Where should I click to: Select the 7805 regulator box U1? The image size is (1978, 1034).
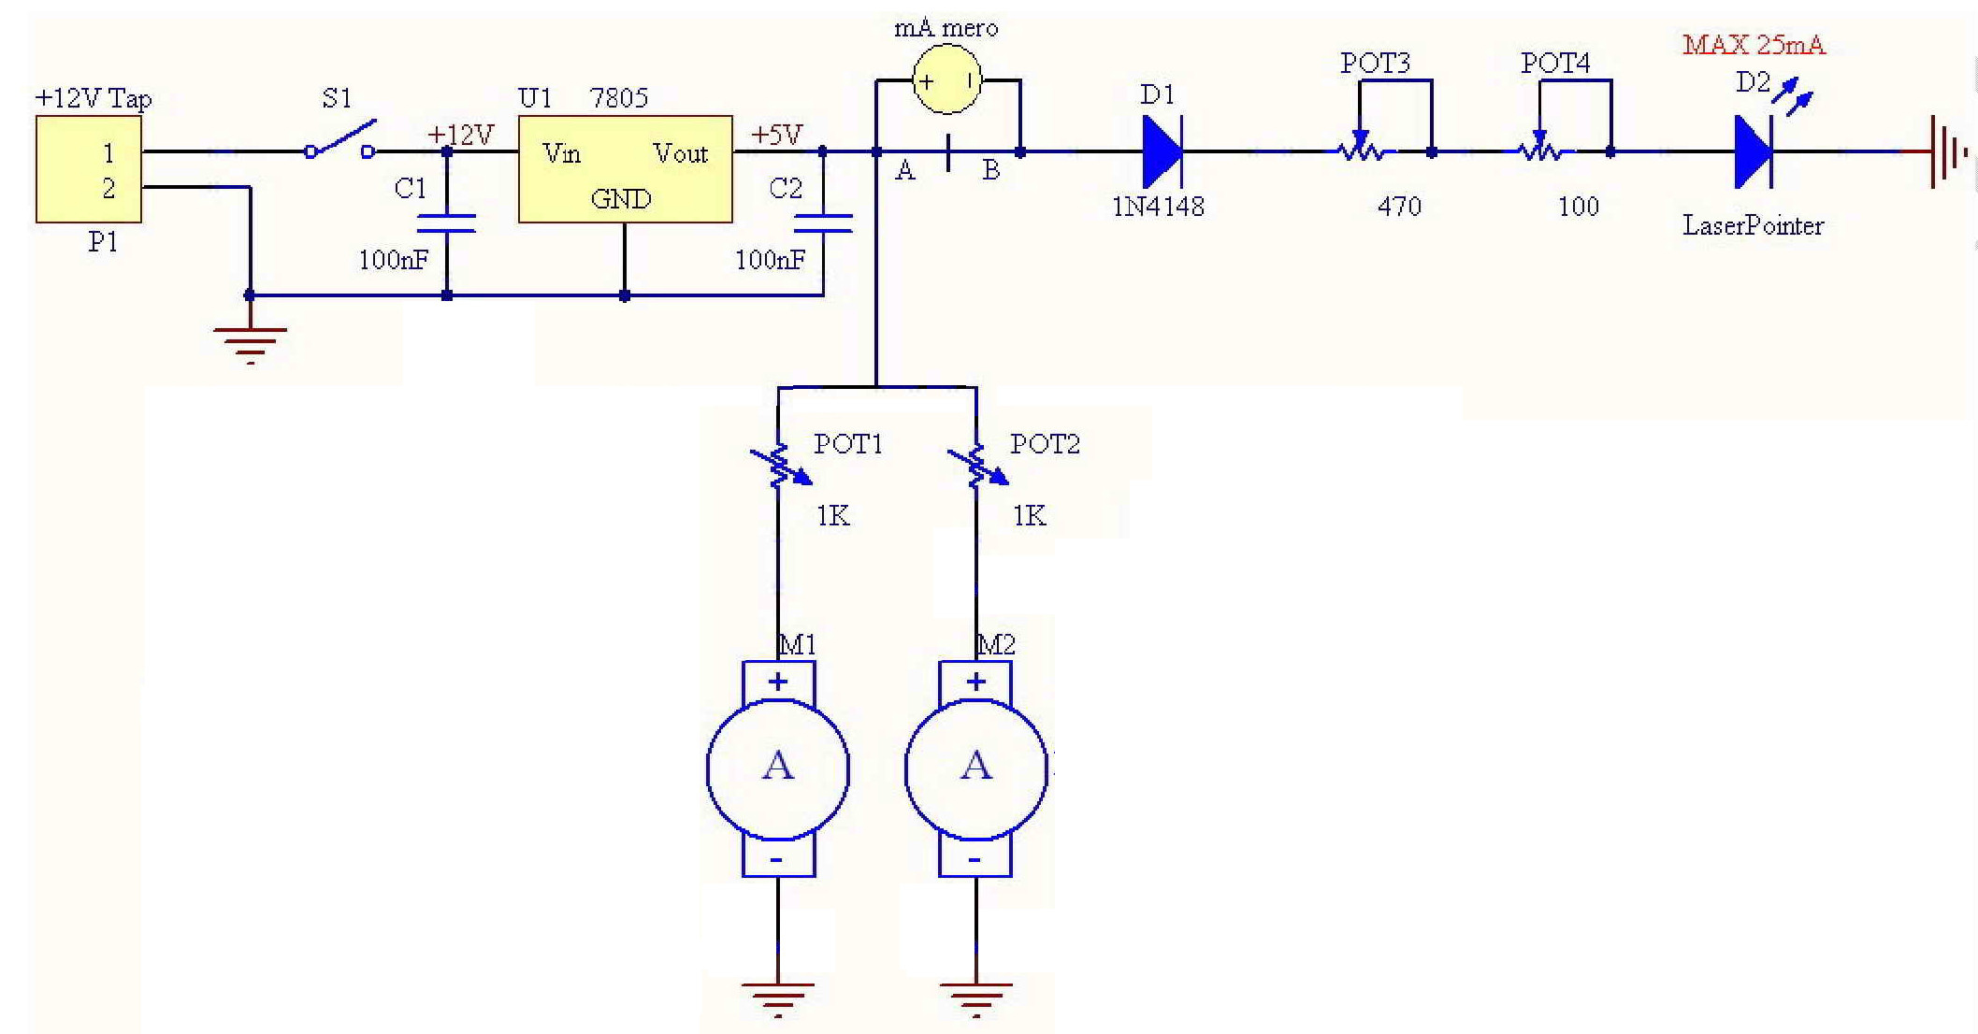(625, 169)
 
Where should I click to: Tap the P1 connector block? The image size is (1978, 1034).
(88, 169)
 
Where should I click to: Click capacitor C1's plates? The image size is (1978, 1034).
(446, 223)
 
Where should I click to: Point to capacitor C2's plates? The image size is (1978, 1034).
(823, 223)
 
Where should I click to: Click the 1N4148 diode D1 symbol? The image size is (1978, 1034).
(1162, 151)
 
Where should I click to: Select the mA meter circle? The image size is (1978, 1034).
(946, 81)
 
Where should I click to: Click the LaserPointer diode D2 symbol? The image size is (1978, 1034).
(1754, 151)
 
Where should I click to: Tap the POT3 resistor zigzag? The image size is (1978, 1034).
(1363, 151)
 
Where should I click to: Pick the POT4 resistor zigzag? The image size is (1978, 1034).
(1542, 151)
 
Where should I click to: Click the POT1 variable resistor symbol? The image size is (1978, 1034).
(779, 465)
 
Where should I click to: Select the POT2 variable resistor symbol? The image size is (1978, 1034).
(976, 465)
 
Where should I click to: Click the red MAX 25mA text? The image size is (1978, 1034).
(1754, 44)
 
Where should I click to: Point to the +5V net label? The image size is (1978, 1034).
(776, 136)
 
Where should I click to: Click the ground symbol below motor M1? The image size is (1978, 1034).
(778, 999)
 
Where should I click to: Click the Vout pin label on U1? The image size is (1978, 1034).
(680, 153)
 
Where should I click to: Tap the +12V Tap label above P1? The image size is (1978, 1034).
(93, 98)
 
